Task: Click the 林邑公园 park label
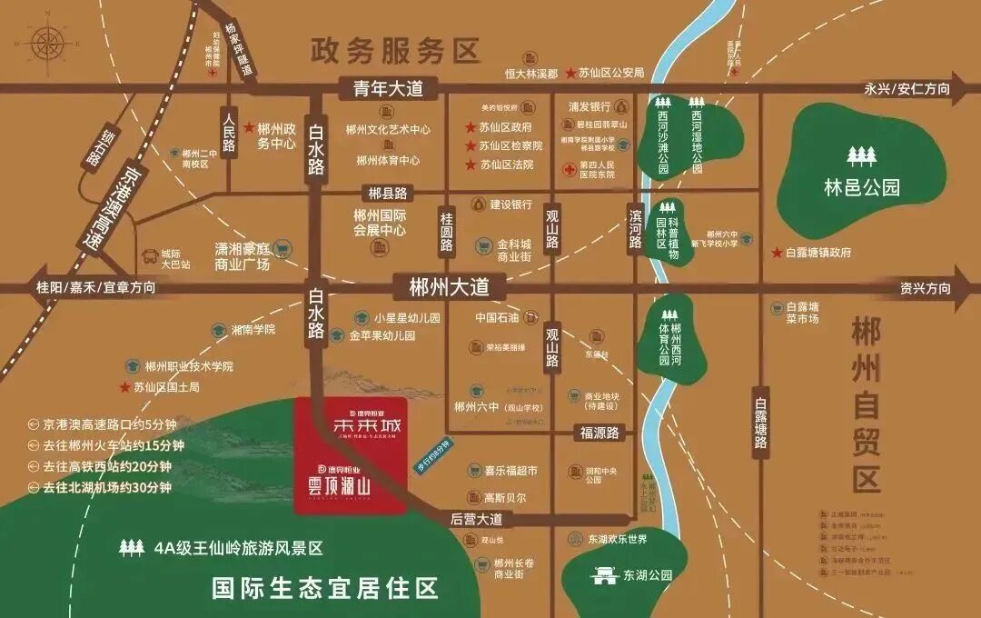pos(861,188)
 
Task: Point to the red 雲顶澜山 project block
pos(352,454)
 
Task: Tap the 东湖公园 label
pos(647,575)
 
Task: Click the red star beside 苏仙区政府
pos(471,128)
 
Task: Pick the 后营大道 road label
pos(477,519)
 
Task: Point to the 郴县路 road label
pos(387,193)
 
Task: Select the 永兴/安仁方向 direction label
pos(907,89)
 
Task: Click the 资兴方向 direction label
pos(926,289)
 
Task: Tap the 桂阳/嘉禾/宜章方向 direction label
pos(95,287)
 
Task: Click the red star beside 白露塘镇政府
pos(778,252)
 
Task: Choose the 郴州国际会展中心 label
pos(380,224)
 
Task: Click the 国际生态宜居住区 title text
pos(325,588)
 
